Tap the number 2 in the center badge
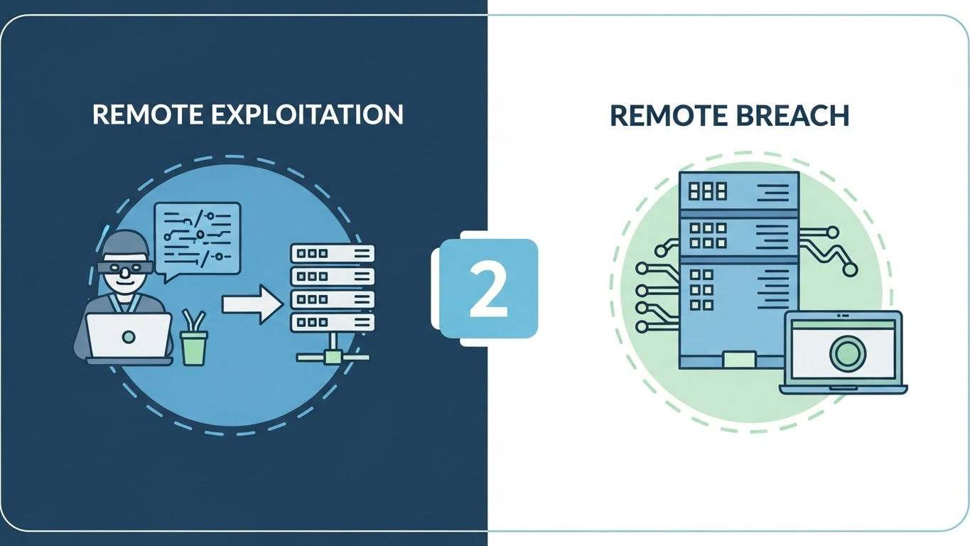click(x=488, y=290)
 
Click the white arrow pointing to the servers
click(x=252, y=304)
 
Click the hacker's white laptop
click(x=129, y=336)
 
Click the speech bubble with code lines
click(x=198, y=236)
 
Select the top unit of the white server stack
click(x=332, y=253)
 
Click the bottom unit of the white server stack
click(x=332, y=322)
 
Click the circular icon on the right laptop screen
click(x=844, y=351)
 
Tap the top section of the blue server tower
click(x=739, y=191)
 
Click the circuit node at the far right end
click(x=849, y=269)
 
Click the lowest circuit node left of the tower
click(x=641, y=327)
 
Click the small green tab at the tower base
click(x=739, y=359)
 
